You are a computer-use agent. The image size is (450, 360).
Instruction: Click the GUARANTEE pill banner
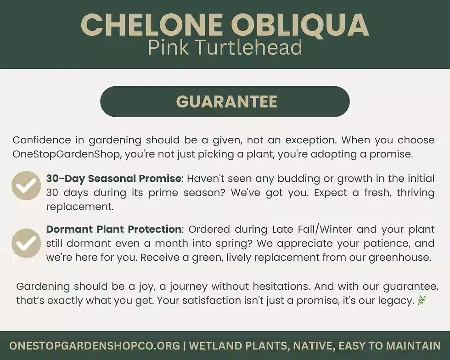coord(225,101)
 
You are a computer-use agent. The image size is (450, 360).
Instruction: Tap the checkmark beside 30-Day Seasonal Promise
coord(26,186)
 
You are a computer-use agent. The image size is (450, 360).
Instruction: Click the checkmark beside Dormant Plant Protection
coord(26,243)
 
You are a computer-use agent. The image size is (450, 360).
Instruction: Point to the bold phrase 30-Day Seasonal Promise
coord(114,178)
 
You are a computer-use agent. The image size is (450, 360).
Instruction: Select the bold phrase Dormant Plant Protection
coord(114,229)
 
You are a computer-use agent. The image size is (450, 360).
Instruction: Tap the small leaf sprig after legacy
coord(422,300)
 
